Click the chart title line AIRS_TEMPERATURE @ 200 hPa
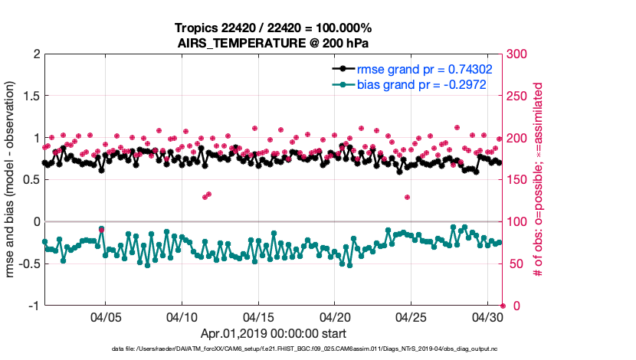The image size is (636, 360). pos(273,43)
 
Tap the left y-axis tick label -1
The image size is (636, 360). pos(32,306)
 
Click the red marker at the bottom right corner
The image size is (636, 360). pos(502,306)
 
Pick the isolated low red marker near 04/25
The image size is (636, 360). pos(407,197)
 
